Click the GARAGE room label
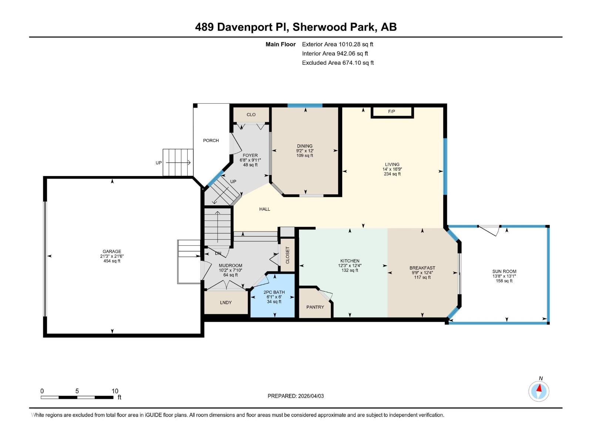(112, 252)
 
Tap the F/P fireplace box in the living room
(392, 112)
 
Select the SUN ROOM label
(504, 271)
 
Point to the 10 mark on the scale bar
(115, 391)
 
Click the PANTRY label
(315, 307)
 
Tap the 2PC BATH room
(274, 296)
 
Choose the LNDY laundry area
(226, 303)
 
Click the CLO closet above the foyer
(251, 115)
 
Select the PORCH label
(211, 141)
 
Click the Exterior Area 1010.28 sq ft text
(337, 44)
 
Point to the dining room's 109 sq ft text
(305, 156)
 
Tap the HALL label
(265, 209)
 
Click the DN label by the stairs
(218, 254)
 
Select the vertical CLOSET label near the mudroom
(287, 255)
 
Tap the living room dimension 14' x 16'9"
(392, 169)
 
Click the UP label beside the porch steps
(159, 163)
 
